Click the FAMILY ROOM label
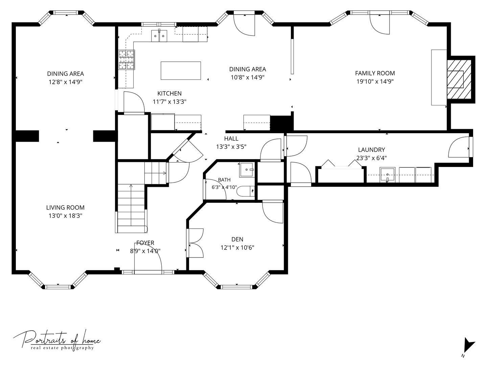click(375, 73)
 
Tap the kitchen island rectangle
click(181, 71)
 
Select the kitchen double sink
click(159, 36)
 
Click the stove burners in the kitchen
click(126, 60)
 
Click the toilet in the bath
click(246, 191)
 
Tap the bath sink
click(247, 170)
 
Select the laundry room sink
click(387, 175)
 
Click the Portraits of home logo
click(57, 340)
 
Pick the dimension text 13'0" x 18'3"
click(65, 216)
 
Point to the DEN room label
click(237, 239)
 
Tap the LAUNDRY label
click(371, 150)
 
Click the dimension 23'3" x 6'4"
click(371, 158)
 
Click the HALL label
click(231, 139)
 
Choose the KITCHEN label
click(169, 93)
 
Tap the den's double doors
click(195, 243)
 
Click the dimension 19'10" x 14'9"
click(375, 81)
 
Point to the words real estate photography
click(62, 348)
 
